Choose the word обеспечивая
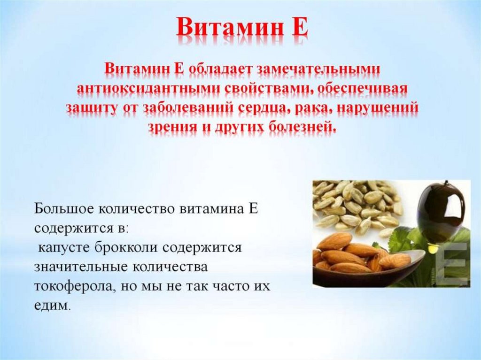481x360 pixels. point(362,88)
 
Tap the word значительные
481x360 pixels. point(81,267)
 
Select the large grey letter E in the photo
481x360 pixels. point(455,264)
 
